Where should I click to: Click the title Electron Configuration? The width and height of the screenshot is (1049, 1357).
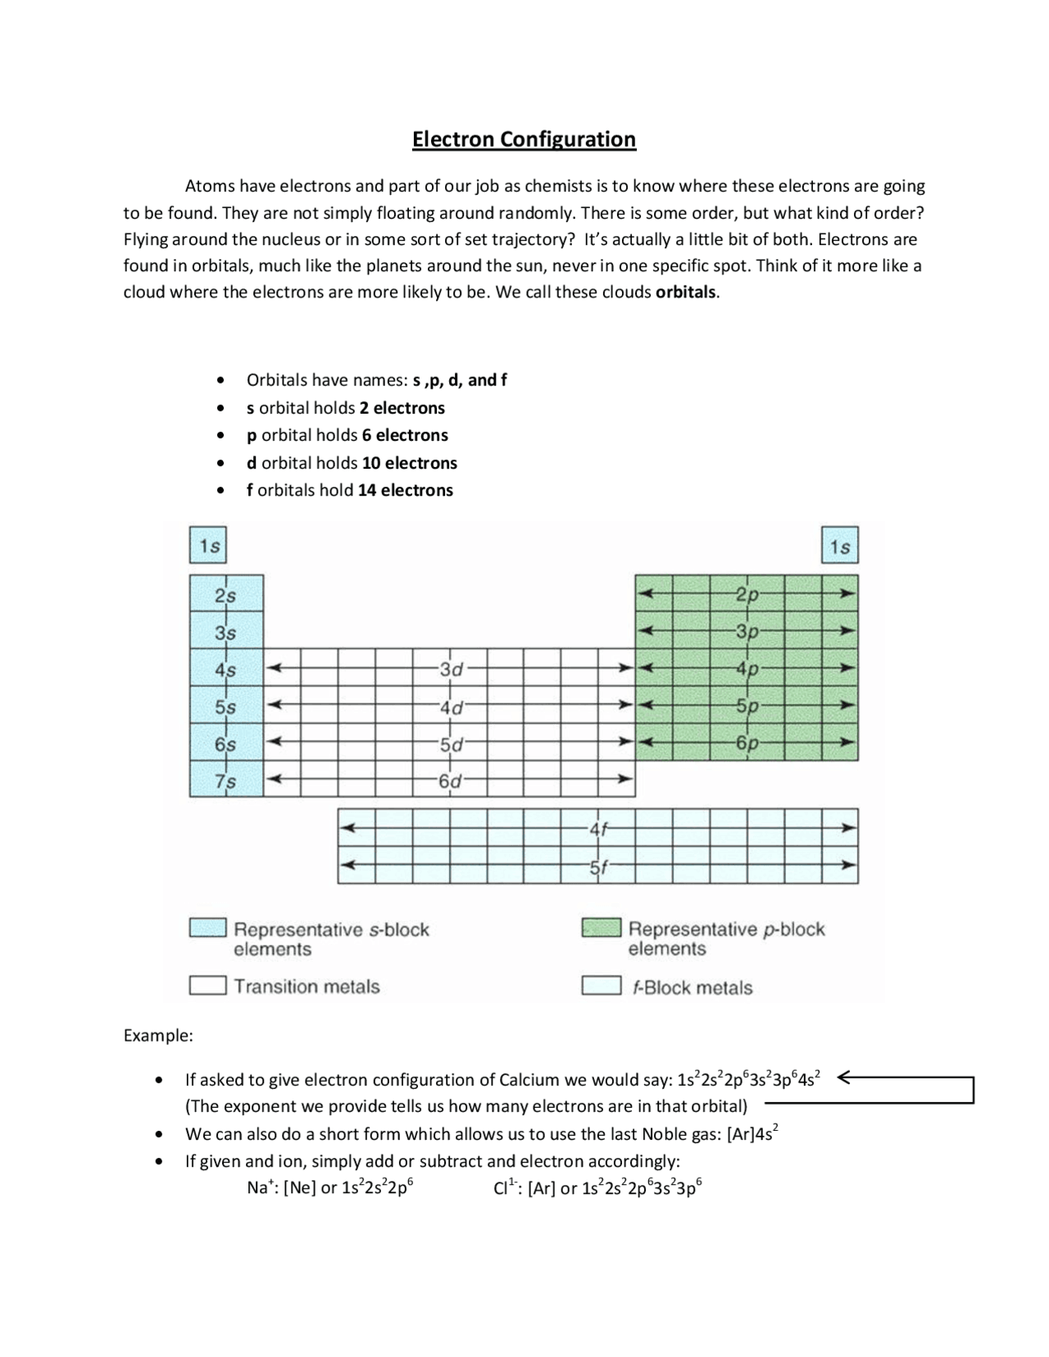(524, 139)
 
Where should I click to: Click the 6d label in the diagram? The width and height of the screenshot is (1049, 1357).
(450, 781)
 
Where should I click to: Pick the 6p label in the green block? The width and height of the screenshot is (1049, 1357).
(747, 743)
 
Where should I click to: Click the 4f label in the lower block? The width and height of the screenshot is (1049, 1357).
(599, 828)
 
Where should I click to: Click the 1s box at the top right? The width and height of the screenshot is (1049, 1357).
(840, 547)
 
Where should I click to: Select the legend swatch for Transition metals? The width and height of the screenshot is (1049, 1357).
(207, 985)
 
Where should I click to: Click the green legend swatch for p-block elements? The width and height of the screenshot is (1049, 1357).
(601, 928)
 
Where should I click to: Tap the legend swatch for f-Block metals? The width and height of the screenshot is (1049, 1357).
(601, 986)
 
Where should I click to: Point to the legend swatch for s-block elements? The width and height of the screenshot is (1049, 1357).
(207, 928)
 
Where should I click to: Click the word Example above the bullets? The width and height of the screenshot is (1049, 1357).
(157, 1036)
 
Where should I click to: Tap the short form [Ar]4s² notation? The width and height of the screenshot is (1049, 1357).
(752, 1134)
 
